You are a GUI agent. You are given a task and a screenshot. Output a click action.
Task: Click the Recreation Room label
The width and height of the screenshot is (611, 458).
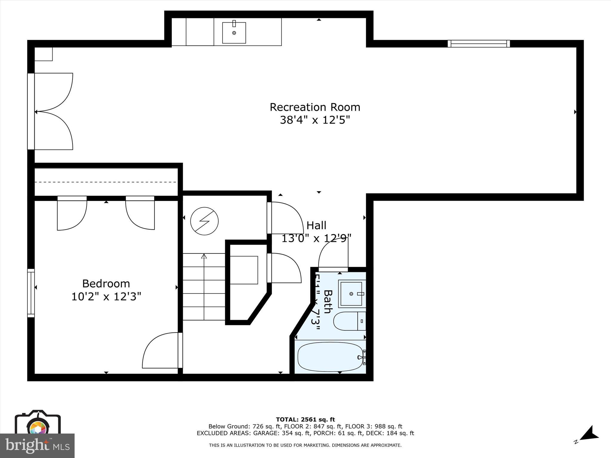pos(315,107)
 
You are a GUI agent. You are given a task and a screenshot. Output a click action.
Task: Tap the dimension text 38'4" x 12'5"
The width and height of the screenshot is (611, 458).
pos(315,120)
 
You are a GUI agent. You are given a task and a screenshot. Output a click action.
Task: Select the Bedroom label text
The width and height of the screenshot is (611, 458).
pos(106,283)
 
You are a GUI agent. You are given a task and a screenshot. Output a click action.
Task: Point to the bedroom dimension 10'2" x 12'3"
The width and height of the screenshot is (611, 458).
pos(106,297)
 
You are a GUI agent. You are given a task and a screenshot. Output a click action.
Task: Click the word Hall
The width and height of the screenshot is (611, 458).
pos(317,225)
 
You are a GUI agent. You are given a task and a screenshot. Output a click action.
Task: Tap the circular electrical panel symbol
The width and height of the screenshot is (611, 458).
pos(204,221)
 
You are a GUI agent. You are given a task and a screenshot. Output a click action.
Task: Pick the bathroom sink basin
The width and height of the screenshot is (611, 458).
pos(351,294)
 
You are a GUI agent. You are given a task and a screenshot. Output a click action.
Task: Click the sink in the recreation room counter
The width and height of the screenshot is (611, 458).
pos(234,33)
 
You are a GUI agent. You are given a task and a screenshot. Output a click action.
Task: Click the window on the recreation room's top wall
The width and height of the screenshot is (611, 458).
pos(479,44)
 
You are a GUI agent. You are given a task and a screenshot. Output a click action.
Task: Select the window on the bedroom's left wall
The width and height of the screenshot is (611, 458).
pos(31,293)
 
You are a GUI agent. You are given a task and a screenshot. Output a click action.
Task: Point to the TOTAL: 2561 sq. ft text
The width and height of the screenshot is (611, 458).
pos(305,420)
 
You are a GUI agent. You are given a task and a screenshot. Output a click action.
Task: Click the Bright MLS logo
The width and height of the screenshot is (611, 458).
pos(37,446)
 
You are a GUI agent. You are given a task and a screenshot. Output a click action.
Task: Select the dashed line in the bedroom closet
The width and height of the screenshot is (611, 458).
pos(106,182)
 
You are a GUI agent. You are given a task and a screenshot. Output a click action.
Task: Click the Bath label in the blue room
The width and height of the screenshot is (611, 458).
pos(328,301)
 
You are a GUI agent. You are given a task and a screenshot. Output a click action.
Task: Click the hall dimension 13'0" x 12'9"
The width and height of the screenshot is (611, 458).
pos(317,238)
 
